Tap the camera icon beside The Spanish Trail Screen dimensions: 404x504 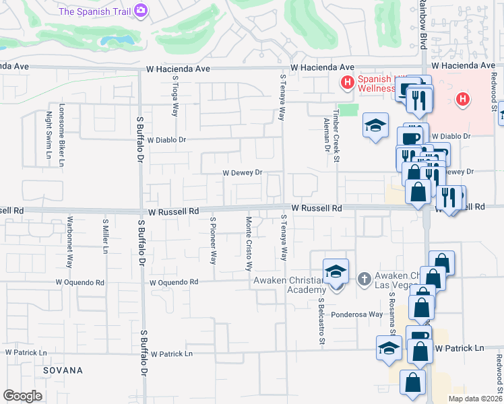(141, 10)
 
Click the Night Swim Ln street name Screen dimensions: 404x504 (49, 136)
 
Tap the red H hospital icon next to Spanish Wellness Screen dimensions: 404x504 (348, 83)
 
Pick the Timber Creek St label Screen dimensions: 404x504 (336, 136)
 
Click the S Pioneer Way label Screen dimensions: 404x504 (213, 240)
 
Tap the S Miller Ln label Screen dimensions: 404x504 (105, 236)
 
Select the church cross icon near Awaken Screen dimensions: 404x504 (365, 278)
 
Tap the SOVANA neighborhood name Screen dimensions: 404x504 (63, 370)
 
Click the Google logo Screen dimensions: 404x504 (22, 396)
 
